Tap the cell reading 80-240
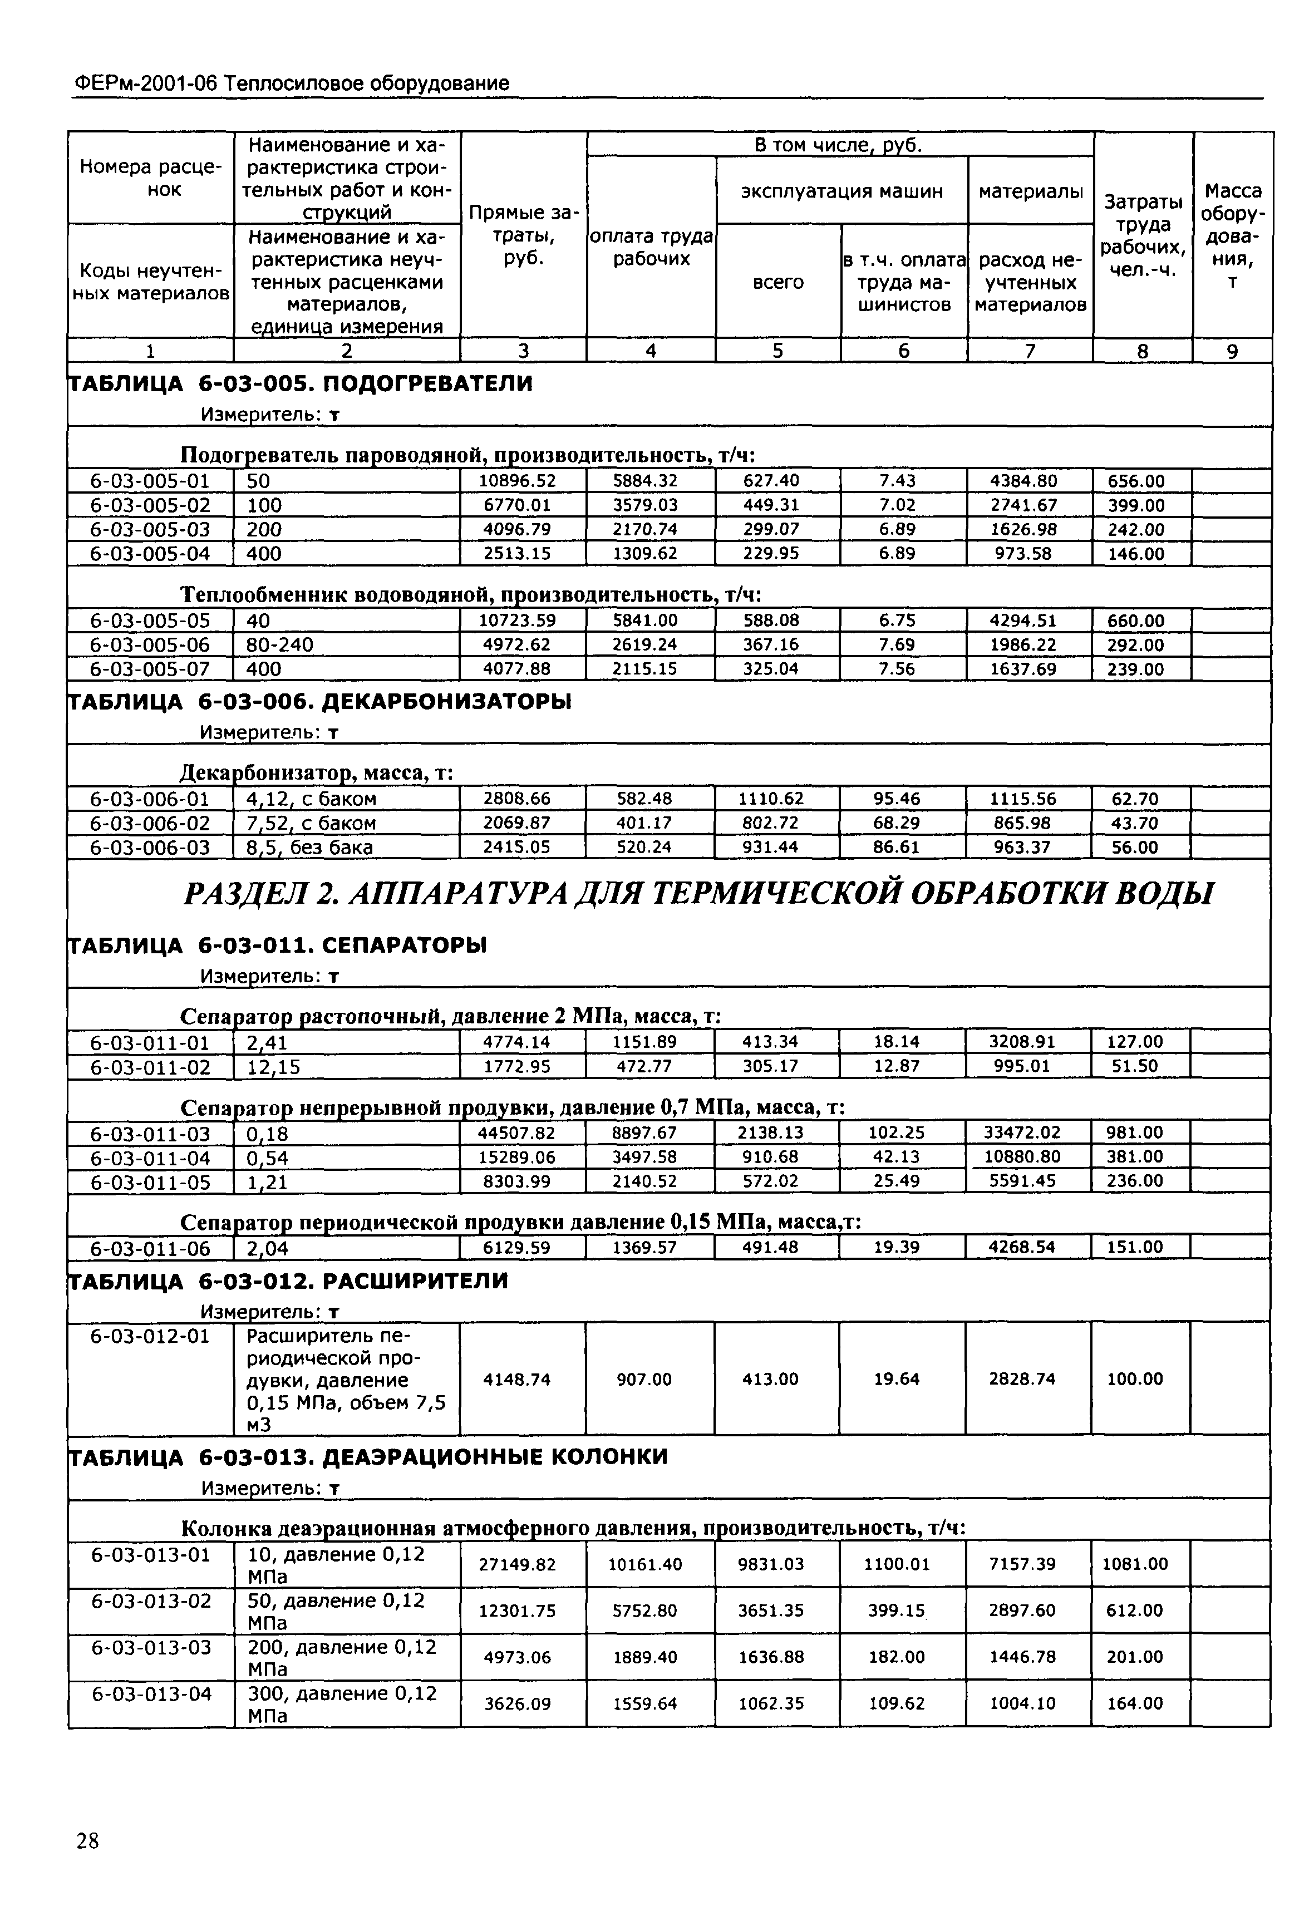280,644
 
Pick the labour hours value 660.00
1135,621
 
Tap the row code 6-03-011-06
150,1249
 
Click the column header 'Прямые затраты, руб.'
524,235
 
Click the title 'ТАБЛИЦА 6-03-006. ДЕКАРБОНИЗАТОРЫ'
318,702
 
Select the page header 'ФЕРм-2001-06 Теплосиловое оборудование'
292,83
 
